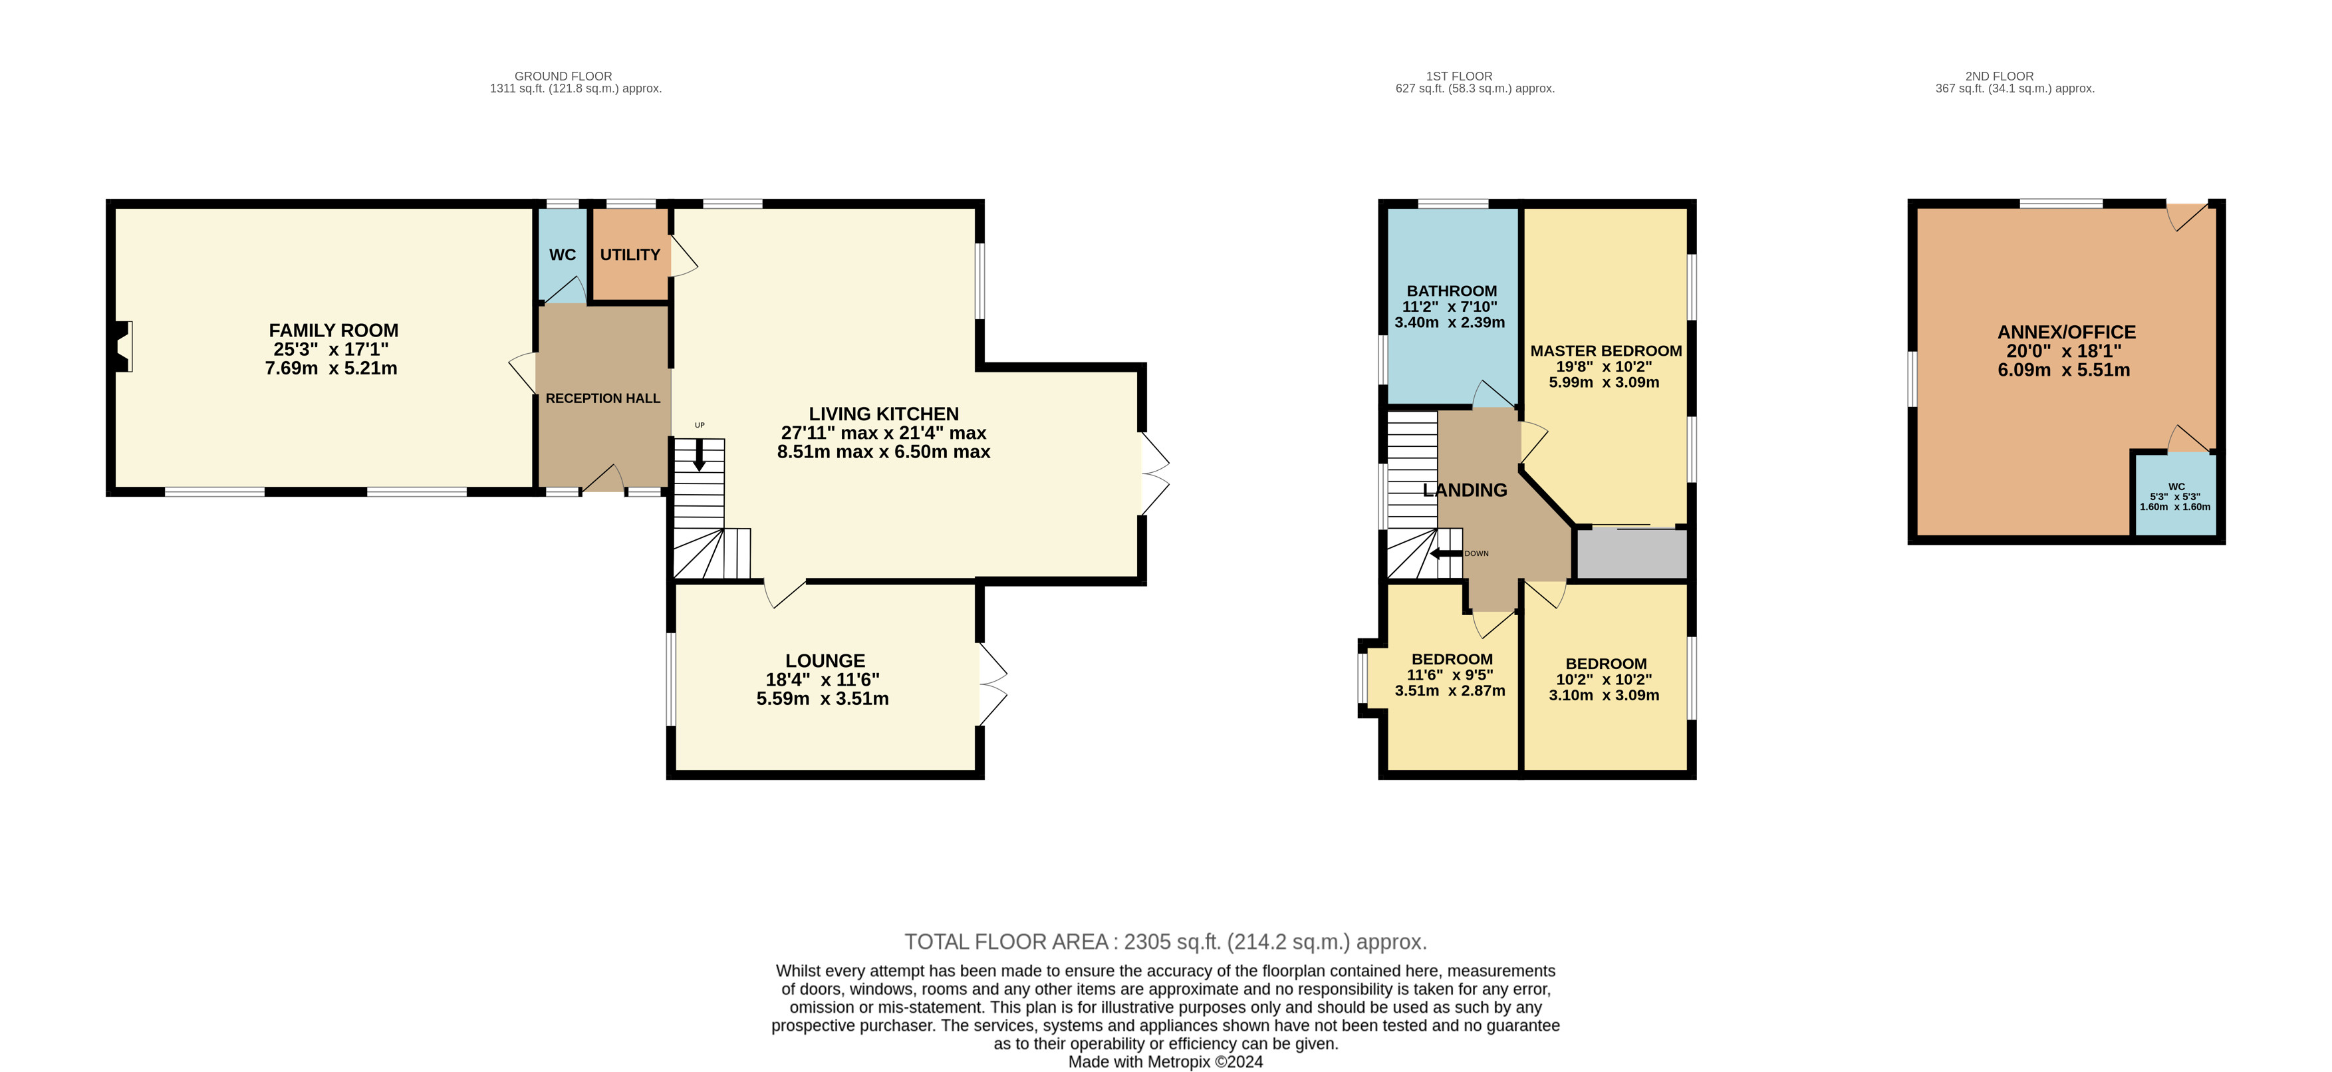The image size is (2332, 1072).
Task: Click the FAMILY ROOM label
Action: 333,331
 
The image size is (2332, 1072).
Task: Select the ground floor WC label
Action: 562,255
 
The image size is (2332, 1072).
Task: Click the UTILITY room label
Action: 630,255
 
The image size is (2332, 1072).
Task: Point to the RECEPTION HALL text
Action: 603,398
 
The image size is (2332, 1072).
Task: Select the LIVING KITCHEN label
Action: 884,414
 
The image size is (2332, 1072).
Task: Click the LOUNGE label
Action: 825,661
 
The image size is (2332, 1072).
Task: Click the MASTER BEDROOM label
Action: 1606,350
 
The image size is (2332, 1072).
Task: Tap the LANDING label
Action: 1465,490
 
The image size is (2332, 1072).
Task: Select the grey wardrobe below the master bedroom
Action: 1632,553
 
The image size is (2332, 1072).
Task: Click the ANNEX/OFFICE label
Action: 2067,333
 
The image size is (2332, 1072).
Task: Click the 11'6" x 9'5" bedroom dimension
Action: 1450,674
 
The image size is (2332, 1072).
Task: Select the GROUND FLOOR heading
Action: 563,76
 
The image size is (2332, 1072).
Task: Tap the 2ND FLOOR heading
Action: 1999,76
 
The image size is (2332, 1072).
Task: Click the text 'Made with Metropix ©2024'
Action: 1165,1062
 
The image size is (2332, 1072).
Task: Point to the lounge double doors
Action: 992,684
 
